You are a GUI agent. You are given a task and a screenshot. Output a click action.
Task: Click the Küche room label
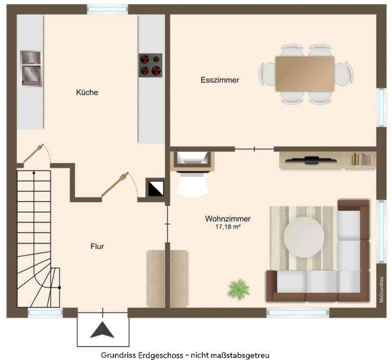pyautogui.click(x=87, y=92)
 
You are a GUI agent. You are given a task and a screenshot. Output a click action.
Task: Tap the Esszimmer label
pyautogui.click(x=220, y=80)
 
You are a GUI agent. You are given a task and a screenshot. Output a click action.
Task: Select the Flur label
pyautogui.click(x=97, y=246)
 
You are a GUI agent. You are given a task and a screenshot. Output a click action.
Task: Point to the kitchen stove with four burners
pyautogui.click(x=151, y=65)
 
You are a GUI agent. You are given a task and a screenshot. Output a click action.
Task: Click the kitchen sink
pyautogui.click(x=31, y=68)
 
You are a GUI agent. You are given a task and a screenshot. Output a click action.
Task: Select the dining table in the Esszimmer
pyautogui.click(x=305, y=74)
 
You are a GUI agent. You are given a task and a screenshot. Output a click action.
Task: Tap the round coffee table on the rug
pyautogui.click(x=304, y=237)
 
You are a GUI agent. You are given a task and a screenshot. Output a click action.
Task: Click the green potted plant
pyautogui.click(x=238, y=289)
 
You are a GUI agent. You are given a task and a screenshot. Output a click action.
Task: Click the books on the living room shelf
pyautogui.click(x=363, y=159)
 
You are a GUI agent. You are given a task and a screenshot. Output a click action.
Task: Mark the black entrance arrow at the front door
pyautogui.click(x=102, y=330)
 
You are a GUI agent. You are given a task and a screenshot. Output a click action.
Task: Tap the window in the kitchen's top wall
pyautogui.click(x=108, y=9)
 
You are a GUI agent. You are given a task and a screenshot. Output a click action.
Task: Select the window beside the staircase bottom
pyautogui.click(x=45, y=313)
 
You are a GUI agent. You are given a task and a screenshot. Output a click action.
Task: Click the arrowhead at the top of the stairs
pyautogui.click(x=34, y=172)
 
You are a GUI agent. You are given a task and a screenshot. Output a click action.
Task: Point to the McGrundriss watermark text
pyautogui.click(x=382, y=289)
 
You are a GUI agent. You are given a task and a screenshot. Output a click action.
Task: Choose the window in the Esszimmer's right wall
pyautogui.click(x=382, y=107)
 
